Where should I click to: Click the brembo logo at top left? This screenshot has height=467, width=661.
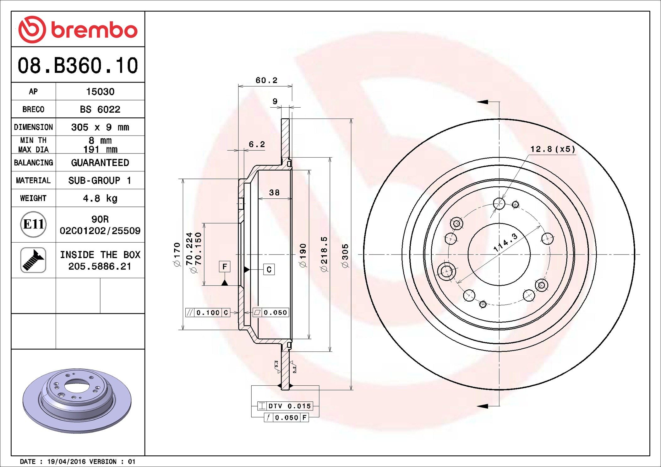point(78,30)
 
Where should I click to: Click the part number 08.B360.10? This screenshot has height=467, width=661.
point(78,66)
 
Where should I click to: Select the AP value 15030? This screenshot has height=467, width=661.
point(100,92)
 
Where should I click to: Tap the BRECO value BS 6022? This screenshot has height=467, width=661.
point(100,109)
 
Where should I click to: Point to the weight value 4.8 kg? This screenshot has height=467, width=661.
point(100,198)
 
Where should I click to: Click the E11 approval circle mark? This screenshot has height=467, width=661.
point(33,224)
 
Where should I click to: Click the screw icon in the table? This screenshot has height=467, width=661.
point(33,260)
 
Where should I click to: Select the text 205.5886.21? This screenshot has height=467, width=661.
point(100,266)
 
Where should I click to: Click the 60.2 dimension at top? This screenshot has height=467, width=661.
point(266,80)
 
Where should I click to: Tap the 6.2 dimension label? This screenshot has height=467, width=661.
point(257,144)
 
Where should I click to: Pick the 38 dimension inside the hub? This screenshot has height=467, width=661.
point(274,192)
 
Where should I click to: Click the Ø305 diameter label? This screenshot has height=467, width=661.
point(345,256)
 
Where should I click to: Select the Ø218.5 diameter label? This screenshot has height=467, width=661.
point(324,254)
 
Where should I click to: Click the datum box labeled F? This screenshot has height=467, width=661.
point(224,266)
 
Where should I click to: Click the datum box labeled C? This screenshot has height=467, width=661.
point(269,269)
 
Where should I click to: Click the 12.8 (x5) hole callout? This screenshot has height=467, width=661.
point(553,149)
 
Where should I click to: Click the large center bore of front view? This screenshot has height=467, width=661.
point(499,254)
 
